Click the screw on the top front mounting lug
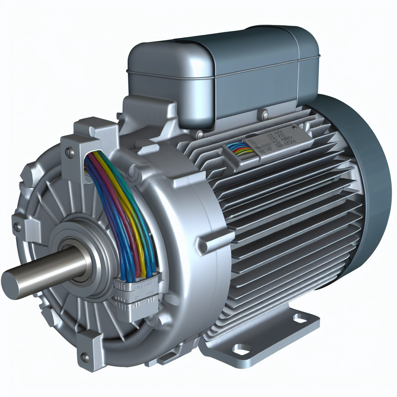click(x=70, y=152)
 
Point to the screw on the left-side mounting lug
click(x=17, y=227)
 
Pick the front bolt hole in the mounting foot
click(x=241, y=350)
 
